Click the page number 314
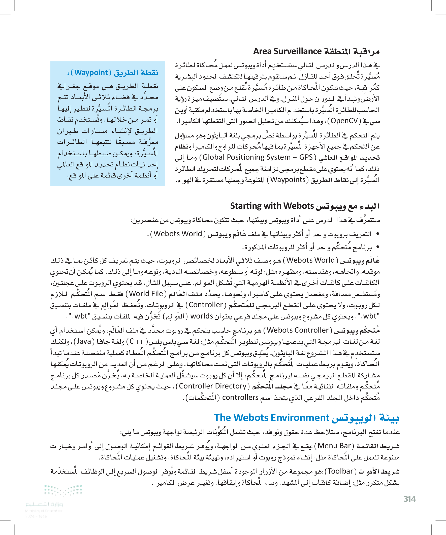point(409,499)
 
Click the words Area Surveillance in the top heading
point(287,51)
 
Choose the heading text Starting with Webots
point(272,206)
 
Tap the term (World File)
point(146,294)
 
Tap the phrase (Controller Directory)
point(212,386)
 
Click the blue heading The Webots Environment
point(272,418)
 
